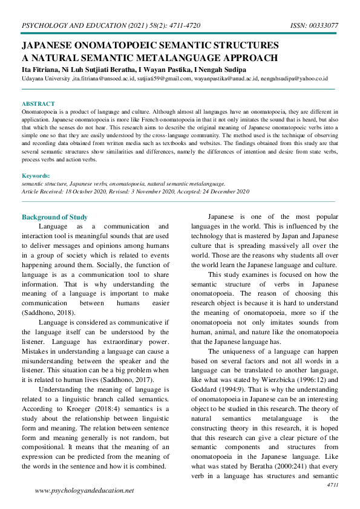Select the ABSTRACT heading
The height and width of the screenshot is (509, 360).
pos(38,104)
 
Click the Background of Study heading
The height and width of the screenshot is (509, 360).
pos(54,217)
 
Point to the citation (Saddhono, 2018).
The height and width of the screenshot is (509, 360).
pos(48,313)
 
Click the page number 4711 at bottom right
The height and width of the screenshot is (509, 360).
pos(332,485)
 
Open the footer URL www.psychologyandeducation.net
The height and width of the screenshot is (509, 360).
pos(85,491)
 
